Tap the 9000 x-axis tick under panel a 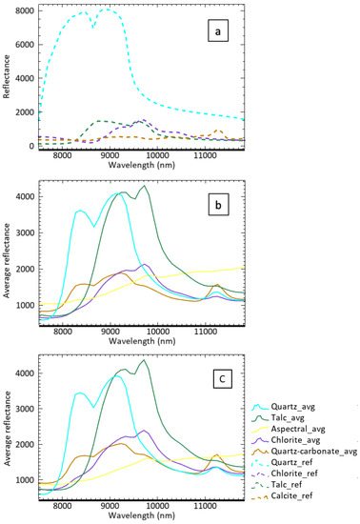click(x=110, y=152)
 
